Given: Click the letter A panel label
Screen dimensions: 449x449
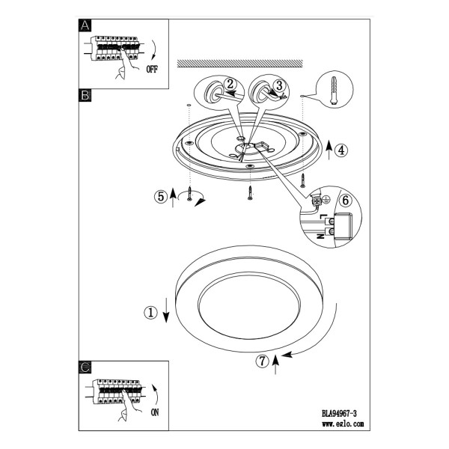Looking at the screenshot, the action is (x=85, y=25).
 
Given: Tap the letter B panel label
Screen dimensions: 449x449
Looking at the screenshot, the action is (x=85, y=95).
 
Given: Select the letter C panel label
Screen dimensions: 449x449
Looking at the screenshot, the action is (x=85, y=367).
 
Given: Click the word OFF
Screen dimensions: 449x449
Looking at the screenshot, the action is (x=152, y=70).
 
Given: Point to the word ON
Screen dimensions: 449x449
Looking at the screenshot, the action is (x=155, y=412).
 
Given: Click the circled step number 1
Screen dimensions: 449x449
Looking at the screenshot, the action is (x=150, y=312).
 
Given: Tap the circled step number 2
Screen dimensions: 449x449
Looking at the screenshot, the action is (x=230, y=84).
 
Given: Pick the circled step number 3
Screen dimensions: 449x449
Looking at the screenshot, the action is (x=279, y=85).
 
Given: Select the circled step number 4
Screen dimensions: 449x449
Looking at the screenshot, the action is (x=341, y=150).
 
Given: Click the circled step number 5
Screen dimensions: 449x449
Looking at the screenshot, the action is (x=161, y=197).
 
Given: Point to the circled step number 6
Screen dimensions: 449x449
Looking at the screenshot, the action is (x=345, y=200).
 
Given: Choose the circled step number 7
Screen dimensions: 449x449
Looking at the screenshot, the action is (x=263, y=361).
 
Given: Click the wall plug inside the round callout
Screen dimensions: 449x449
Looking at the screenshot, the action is (x=334, y=91).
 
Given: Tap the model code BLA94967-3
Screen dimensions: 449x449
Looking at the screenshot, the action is (x=339, y=414).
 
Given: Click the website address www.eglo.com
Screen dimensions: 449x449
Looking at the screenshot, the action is (x=343, y=424).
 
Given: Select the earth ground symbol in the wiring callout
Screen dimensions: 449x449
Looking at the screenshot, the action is (x=326, y=200).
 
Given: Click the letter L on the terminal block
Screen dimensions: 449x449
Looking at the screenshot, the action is (x=323, y=216).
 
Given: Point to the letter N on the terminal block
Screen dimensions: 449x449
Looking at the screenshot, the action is (x=322, y=236).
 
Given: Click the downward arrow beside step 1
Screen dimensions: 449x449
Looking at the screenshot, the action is (x=166, y=311).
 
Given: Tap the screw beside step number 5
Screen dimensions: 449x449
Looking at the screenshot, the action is (x=189, y=193).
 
